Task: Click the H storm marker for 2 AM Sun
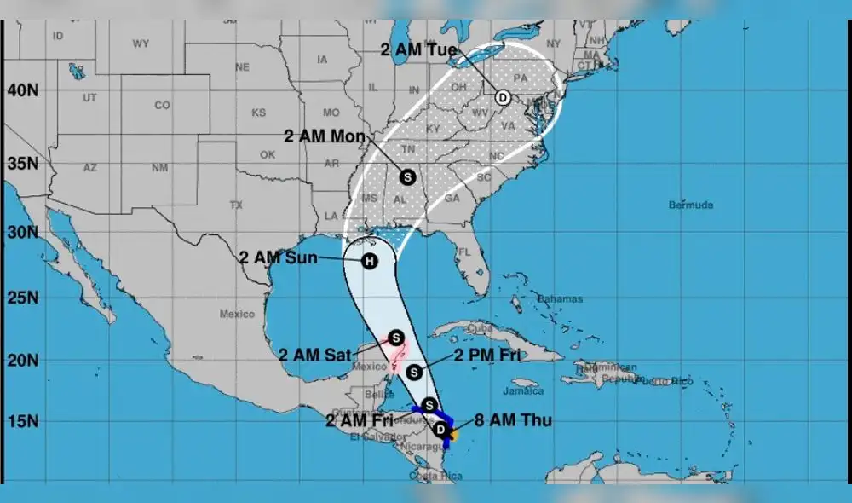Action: [369, 261]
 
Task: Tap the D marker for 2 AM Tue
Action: [503, 97]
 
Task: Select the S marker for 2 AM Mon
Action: [406, 176]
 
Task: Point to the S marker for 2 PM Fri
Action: [413, 372]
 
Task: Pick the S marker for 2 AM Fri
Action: [429, 405]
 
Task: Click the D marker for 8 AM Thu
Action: [440, 429]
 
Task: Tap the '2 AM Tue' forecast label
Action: [419, 50]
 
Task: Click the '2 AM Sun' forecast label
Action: [278, 256]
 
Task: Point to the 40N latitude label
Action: [25, 90]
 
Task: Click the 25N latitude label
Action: [25, 298]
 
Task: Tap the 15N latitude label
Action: [25, 420]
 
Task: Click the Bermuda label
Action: [690, 205]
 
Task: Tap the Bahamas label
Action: [560, 298]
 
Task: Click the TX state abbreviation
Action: [236, 205]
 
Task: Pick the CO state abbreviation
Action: [163, 106]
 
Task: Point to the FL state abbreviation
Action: [464, 252]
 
